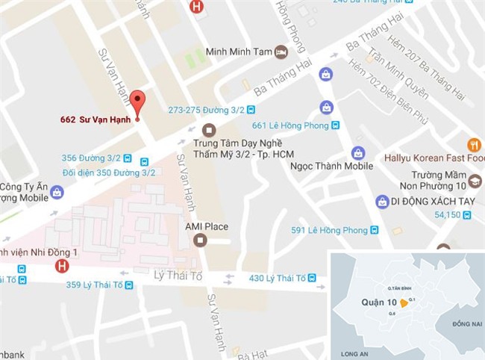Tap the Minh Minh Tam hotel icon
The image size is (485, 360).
[x=281, y=52]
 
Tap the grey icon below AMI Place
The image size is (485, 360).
[x=199, y=240]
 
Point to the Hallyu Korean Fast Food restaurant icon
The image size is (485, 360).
[x=474, y=145]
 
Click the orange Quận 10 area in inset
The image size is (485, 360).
[x=404, y=303]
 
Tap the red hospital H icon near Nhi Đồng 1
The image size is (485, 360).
[x=62, y=265]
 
